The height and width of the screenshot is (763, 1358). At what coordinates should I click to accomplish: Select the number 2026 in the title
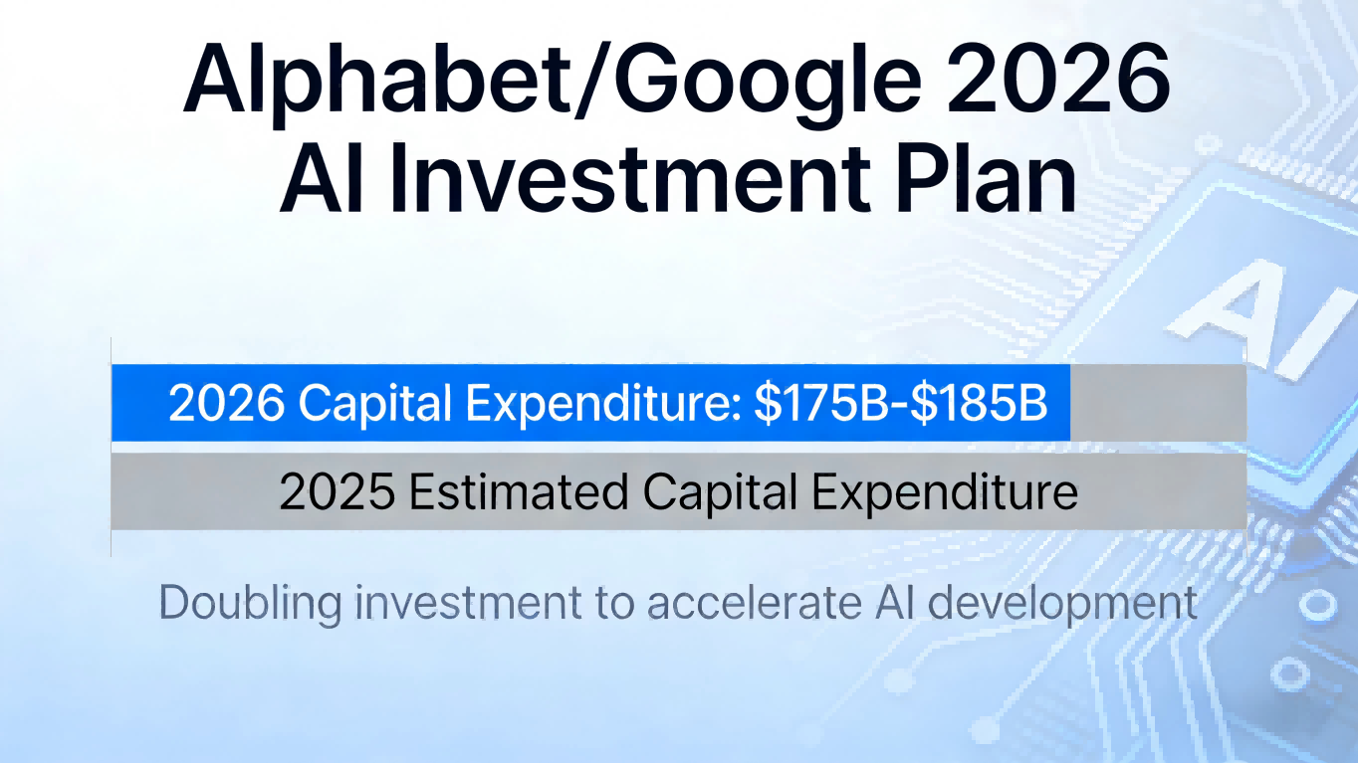1057,79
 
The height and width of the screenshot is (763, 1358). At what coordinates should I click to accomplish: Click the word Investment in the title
630,179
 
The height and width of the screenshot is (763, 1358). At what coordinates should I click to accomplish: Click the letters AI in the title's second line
322,179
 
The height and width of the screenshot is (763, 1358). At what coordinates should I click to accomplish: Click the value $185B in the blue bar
979,404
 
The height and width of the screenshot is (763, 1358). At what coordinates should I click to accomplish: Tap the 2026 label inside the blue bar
226,403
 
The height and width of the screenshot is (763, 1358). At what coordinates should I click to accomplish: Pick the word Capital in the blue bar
374,405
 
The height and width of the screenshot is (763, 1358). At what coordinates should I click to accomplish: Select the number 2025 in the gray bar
338,491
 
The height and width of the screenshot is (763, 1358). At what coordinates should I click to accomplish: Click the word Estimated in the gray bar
519,491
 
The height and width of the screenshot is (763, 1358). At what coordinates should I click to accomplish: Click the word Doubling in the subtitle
250,603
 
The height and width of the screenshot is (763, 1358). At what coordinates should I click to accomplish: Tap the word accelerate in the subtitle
755,603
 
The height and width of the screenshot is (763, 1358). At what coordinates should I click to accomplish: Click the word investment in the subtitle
468,603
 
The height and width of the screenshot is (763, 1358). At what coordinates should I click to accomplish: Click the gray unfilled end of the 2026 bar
1158,403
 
